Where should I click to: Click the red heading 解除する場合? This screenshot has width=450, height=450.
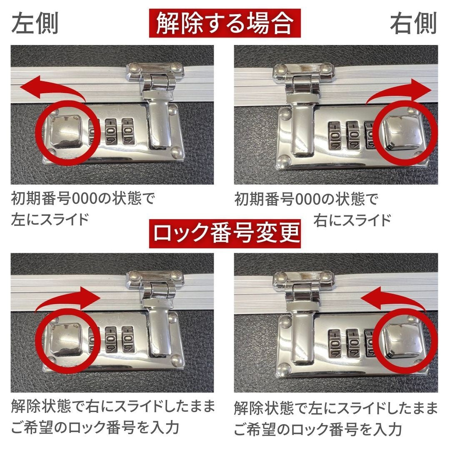tap(225, 23)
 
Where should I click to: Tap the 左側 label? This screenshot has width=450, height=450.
tap(35, 24)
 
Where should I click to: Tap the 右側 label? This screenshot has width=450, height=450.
tap(413, 24)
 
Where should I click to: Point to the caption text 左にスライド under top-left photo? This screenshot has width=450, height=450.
tap(50, 219)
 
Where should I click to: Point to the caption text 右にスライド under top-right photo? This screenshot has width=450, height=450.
tap(352, 219)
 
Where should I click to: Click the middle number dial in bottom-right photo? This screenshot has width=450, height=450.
tap(352, 342)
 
